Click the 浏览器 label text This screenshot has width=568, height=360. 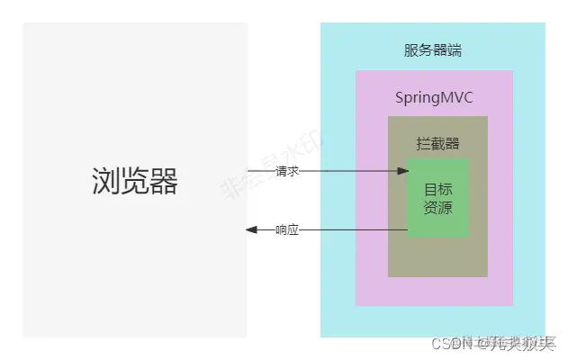tap(135, 182)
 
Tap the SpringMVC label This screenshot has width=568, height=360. tap(434, 96)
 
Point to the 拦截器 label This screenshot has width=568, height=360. tap(437, 143)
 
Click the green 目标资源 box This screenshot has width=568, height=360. tap(437, 198)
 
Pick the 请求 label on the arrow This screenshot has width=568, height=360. tap(287, 169)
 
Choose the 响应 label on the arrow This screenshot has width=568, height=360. tap(287, 230)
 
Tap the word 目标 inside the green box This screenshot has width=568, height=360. tap(437, 189)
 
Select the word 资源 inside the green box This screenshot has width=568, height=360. tap(437, 208)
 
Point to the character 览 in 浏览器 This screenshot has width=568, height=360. tap(135, 182)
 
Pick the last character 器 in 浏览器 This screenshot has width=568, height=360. tap(164, 182)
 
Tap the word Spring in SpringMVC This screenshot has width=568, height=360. tap(418, 96)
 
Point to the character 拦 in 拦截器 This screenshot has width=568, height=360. tap(423, 143)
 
